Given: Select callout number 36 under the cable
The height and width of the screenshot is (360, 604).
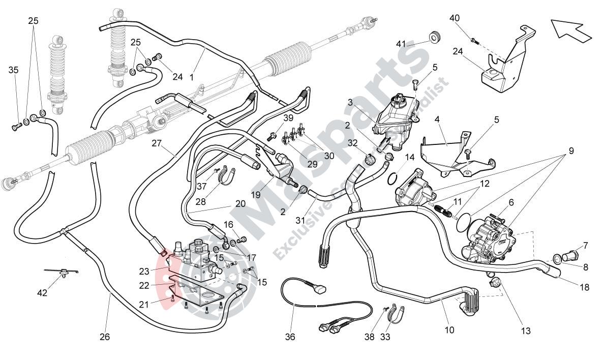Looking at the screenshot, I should pyautogui.click(x=290, y=337).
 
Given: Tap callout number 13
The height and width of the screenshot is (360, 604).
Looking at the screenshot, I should pyautogui.click(x=526, y=331).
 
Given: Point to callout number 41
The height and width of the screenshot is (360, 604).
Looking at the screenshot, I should pyautogui.click(x=401, y=44).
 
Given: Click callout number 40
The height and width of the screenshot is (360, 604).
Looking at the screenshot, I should pyautogui.click(x=455, y=18).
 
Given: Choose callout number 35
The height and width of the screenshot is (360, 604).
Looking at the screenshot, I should pyautogui.click(x=13, y=70).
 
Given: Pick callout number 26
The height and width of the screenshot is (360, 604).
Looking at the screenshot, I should pyautogui.click(x=105, y=337).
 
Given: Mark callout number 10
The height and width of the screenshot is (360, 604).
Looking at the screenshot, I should pyautogui.click(x=449, y=329).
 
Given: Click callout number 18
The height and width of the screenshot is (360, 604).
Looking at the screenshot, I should pyautogui.click(x=585, y=287).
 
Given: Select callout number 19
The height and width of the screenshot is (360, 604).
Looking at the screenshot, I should pyautogui.click(x=256, y=195).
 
